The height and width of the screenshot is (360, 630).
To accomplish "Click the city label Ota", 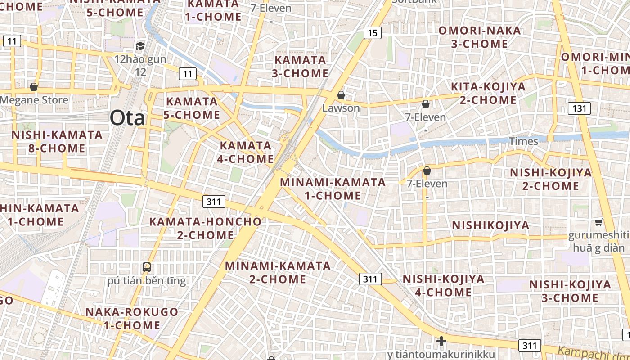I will click(x=128, y=118).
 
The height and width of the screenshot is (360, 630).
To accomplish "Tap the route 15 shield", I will click(x=372, y=32).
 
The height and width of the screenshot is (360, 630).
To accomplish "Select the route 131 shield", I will click(x=579, y=108).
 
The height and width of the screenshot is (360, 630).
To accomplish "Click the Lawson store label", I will click(x=341, y=108).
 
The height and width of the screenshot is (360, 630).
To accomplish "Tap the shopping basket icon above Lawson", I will click(x=341, y=95).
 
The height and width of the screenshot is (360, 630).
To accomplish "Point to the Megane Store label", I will click(x=34, y=100).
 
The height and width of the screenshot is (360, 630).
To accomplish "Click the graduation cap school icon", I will click(x=140, y=46).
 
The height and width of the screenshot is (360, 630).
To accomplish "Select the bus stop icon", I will click(x=147, y=267).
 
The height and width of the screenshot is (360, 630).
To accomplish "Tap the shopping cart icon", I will click(x=598, y=222).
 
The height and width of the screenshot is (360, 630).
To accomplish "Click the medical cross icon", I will click(x=441, y=341).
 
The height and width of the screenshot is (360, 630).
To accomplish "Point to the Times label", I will click(x=523, y=141).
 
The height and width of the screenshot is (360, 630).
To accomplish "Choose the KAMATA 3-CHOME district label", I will click(x=300, y=66).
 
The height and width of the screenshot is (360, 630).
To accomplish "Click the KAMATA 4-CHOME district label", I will click(x=246, y=152).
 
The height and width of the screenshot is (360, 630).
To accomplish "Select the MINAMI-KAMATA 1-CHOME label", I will click(x=333, y=189).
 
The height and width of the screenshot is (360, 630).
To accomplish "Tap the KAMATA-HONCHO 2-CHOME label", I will click(x=205, y=228).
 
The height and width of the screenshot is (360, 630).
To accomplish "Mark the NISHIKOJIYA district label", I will click(x=490, y=225).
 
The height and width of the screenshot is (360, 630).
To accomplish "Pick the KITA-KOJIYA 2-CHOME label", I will click(x=488, y=93).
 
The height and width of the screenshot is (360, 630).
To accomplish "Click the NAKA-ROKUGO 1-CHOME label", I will click(x=132, y=318).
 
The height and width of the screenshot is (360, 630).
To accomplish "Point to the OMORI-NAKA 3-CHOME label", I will click(x=480, y=37).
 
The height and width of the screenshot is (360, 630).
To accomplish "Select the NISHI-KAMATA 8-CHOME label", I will click(x=57, y=141).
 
